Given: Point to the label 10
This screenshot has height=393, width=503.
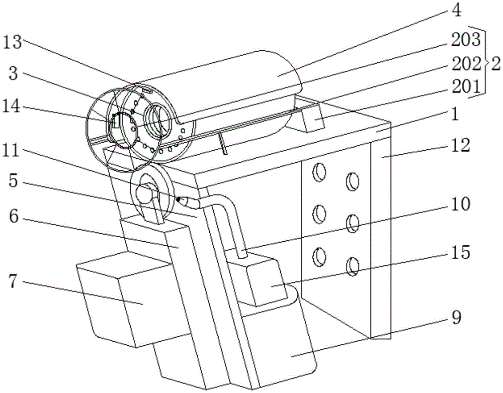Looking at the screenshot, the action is (x=459, y=204).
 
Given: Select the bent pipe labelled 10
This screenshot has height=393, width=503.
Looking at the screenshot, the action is (x=234, y=221).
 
